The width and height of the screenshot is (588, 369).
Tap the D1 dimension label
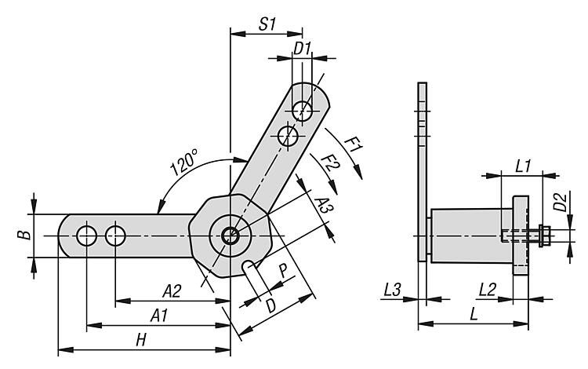[303, 49]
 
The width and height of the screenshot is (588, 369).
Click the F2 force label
[330, 167]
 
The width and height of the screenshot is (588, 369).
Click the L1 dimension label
[524, 166]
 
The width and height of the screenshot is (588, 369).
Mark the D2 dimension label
[560, 208]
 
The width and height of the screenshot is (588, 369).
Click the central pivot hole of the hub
[229, 235]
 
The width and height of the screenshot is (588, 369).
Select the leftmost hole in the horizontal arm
[86, 235]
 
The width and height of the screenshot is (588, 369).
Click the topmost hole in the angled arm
[303, 108]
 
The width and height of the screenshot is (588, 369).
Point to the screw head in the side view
[542, 235]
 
